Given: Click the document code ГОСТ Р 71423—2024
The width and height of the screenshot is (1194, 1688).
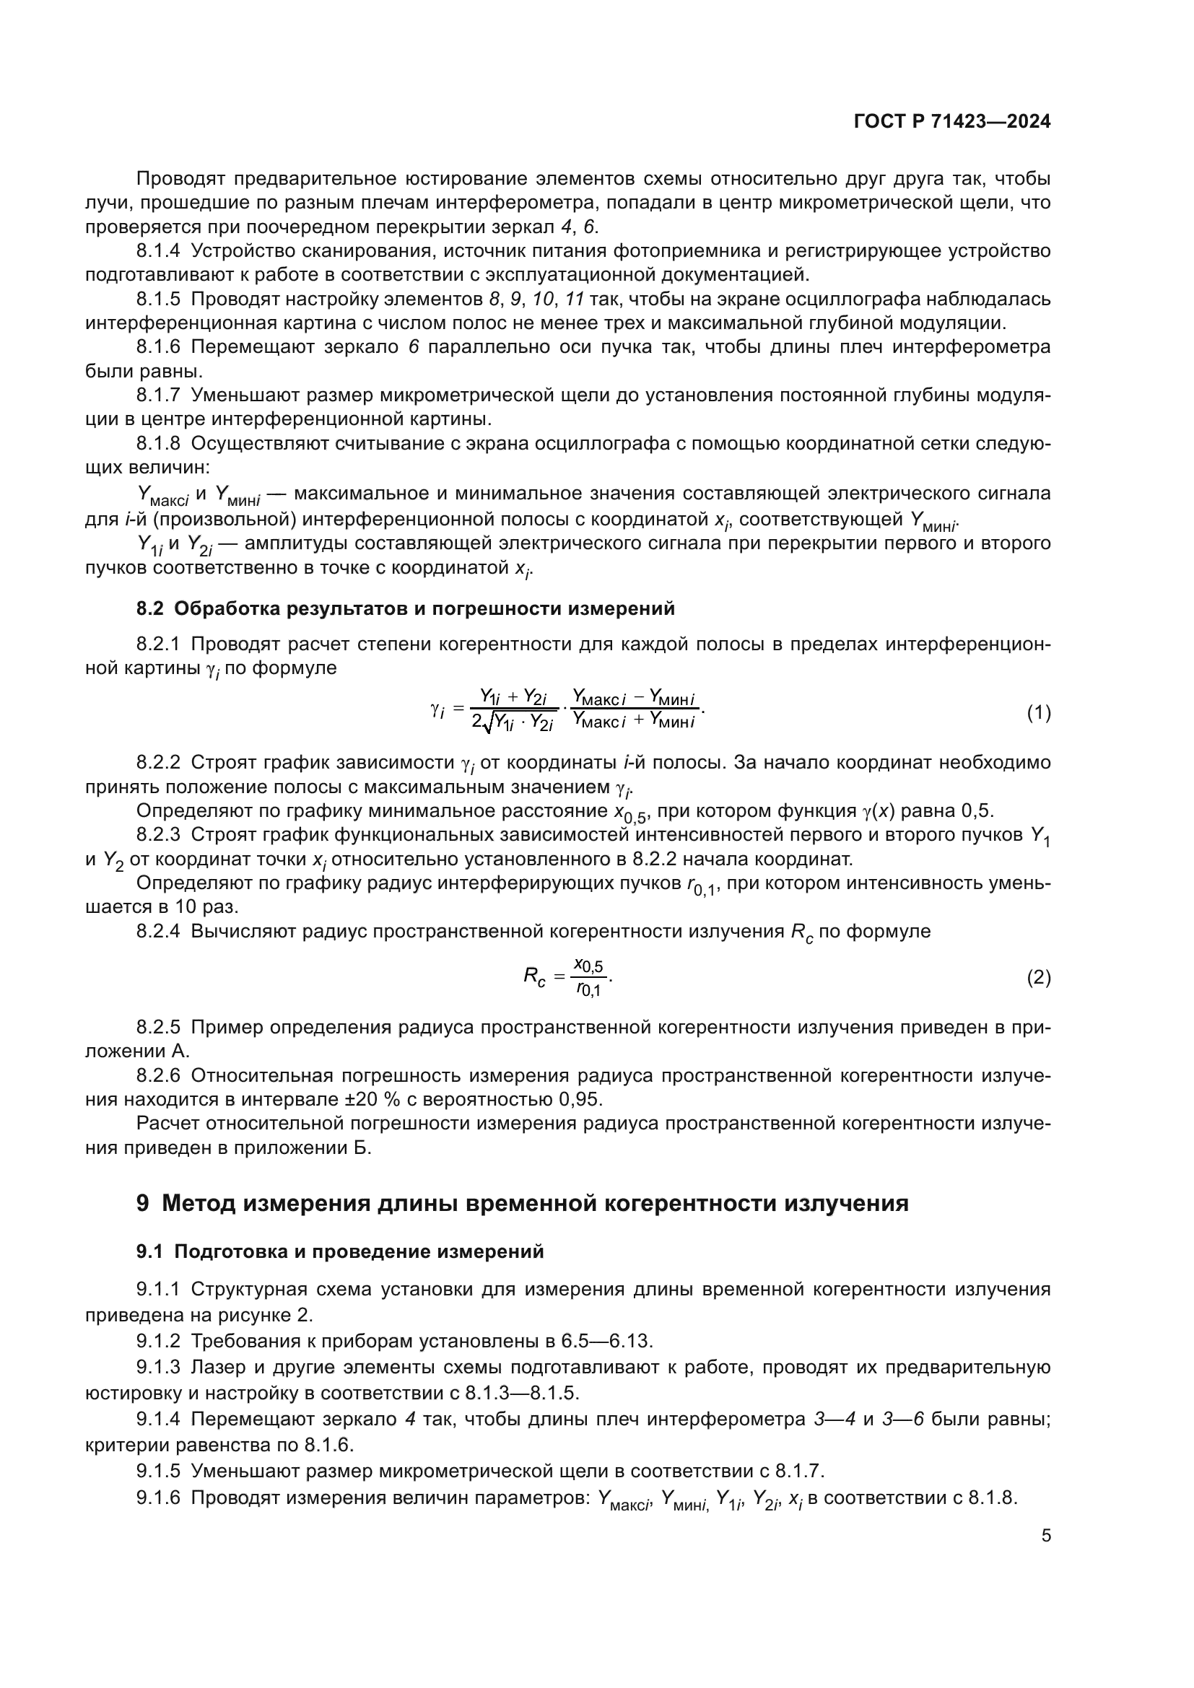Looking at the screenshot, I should coord(952,121).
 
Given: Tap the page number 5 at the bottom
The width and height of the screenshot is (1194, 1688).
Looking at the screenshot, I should coord(1045,1535).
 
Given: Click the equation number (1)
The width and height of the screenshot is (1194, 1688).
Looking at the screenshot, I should coord(1038,712).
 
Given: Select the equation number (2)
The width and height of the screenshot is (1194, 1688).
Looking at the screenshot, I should coord(1038,977).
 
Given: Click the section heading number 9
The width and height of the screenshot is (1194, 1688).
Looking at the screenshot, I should coord(143,1204).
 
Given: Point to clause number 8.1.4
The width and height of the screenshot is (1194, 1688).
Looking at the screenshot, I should coord(157,250).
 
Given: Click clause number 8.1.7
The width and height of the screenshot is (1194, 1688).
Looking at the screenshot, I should coord(157,395).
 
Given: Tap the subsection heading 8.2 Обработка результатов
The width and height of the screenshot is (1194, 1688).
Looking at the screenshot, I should coord(405,609).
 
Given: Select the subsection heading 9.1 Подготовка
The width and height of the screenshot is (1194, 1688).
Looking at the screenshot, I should coord(340,1251).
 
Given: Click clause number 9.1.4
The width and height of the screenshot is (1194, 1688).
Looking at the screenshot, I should coord(157,1419).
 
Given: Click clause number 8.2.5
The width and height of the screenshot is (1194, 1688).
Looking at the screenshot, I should coord(157,1027).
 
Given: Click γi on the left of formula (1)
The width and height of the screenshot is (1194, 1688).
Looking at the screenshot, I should coord(437,711).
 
